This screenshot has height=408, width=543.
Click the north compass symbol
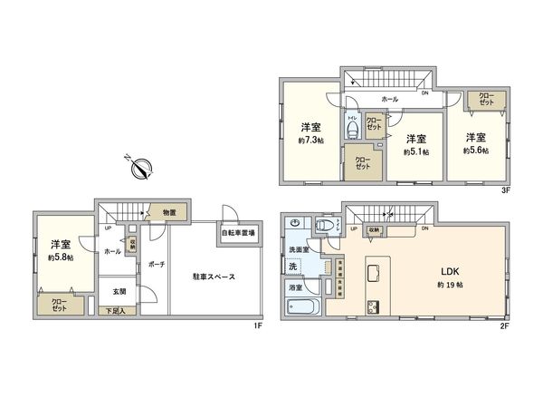point(143,167)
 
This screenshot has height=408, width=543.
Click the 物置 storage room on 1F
point(168,212)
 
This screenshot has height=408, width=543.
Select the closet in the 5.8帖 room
point(59,305)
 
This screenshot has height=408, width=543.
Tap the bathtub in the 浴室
point(304,304)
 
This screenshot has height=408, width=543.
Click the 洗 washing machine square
point(292,267)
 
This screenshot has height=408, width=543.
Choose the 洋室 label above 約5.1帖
point(415,138)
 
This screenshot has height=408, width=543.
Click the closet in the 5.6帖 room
point(486,102)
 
